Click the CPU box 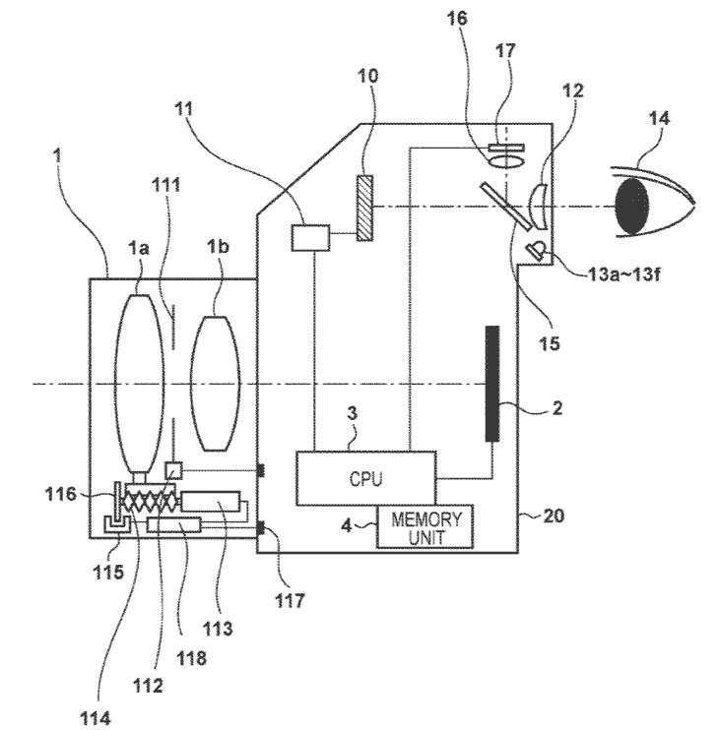[x=366, y=478]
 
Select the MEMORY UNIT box [x=425, y=526]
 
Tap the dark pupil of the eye [x=632, y=207]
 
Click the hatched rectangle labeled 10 [x=364, y=208]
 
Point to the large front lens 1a [x=139, y=384]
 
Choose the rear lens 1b [x=216, y=383]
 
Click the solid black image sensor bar [x=492, y=383]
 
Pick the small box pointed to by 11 [x=310, y=237]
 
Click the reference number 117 [x=290, y=600]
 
